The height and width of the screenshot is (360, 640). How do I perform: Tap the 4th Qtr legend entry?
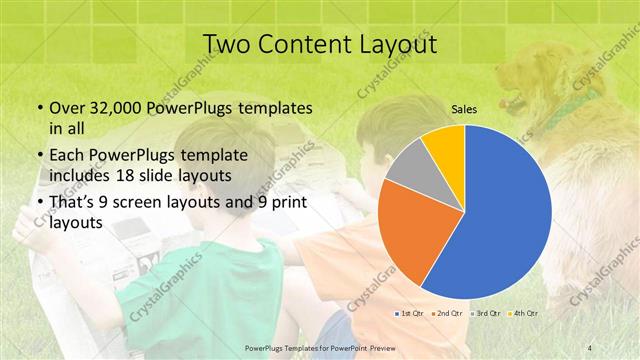pos(523,313)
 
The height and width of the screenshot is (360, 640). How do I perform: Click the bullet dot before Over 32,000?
pos(39,108)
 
